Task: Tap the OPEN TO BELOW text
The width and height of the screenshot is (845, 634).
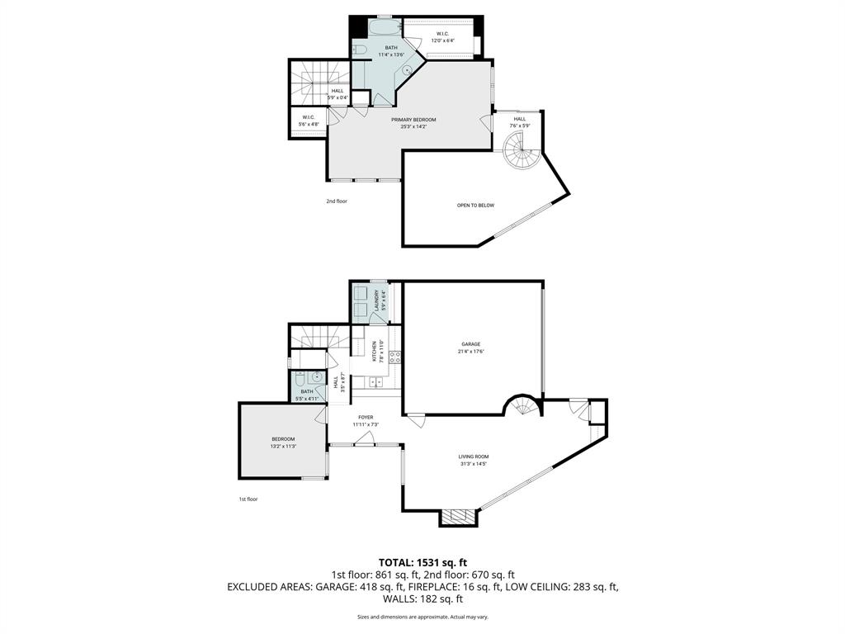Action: tap(475, 205)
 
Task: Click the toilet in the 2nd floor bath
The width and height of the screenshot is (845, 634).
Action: tap(359, 51)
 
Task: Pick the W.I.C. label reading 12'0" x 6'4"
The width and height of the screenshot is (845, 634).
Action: tap(442, 37)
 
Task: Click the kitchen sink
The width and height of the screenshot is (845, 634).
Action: tap(376, 381)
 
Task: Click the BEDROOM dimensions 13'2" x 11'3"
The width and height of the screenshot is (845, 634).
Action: tap(283, 446)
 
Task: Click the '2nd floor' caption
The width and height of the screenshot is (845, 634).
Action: tap(336, 201)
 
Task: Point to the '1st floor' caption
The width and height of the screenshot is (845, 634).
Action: tap(248, 499)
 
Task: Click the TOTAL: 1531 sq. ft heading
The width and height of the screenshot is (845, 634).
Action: tap(422, 562)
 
